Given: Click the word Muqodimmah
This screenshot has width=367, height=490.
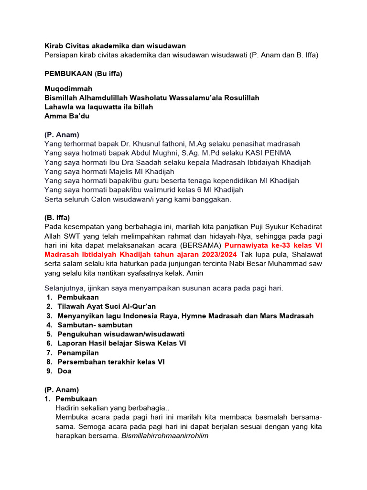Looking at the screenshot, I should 68,89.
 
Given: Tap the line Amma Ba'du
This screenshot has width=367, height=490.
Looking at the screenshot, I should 67,116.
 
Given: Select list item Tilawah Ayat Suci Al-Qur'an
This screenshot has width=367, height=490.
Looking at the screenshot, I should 107,306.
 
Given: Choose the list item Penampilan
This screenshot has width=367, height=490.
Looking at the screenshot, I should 78,353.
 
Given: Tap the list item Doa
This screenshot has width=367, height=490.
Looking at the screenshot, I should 65,371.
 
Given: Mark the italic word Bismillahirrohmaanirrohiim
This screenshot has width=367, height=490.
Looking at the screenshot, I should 165,435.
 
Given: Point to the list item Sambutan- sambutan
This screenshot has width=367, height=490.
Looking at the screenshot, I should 95,325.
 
